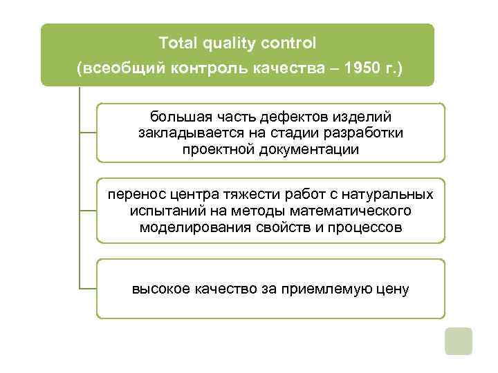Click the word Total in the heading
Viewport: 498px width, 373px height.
coord(177,43)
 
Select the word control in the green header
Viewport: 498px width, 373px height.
coord(289,43)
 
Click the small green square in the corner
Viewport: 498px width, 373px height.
coord(458,341)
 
